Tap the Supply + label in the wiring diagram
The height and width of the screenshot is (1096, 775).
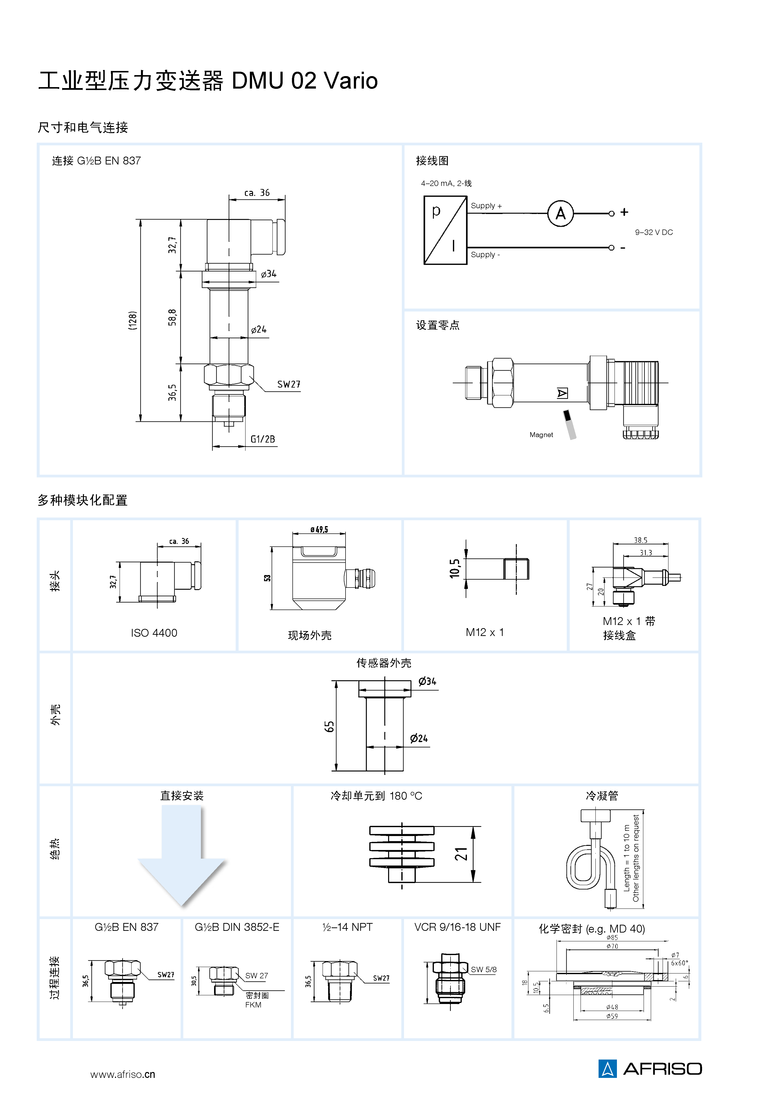(x=486, y=206)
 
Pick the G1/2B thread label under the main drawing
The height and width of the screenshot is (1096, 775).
(x=263, y=439)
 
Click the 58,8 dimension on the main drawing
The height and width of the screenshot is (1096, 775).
(x=172, y=317)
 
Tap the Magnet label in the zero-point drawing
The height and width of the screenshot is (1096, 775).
(x=541, y=435)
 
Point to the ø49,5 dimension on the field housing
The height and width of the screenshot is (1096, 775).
(x=319, y=529)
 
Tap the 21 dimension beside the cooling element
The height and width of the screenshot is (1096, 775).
(x=461, y=854)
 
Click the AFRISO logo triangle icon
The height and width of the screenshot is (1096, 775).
(x=607, y=1068)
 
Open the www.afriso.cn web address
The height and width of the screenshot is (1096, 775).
(x=123, y=1074)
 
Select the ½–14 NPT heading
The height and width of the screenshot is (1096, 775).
(x=347, y=927)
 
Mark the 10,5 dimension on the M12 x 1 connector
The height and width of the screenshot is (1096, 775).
(x=455, y=568)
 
